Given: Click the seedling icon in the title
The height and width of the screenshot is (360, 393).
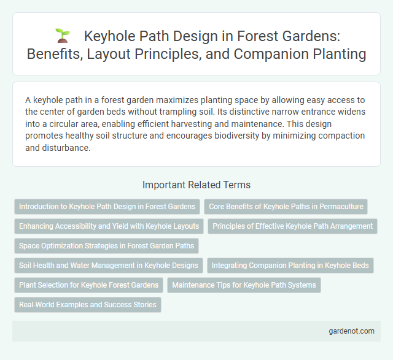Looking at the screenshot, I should click(62, 36).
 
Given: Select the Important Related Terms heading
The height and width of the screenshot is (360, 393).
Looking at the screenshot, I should click(196, 184).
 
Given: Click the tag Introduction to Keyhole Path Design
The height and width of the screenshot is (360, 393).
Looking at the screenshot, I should click(107, 207).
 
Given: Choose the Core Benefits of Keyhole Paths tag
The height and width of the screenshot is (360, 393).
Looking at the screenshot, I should click(285, 207).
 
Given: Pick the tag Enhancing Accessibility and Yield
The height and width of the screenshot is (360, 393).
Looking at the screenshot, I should click(109, 226).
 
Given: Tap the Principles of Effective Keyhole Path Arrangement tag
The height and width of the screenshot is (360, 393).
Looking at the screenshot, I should click(292, 226).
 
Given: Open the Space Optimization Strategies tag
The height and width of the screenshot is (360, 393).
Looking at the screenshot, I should click(106, 246).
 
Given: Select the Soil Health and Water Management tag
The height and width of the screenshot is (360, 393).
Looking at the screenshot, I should click(109, 266).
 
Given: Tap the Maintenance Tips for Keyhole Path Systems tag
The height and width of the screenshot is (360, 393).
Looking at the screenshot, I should click(244, 285).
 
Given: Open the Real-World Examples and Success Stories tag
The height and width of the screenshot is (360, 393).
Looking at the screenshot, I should click(88, 305).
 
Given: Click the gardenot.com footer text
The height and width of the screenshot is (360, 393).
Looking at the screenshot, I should click(351, 331).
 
